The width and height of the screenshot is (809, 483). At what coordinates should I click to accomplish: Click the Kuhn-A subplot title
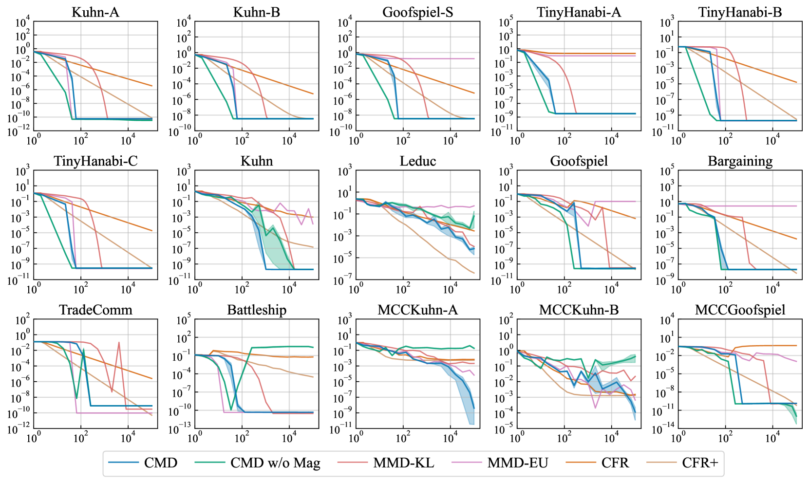point(95,12)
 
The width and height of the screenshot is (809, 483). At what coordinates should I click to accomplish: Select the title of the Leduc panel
point(418,161)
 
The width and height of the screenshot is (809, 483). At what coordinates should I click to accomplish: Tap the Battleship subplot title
point(257,310)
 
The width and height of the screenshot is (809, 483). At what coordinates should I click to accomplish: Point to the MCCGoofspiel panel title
point(740,310)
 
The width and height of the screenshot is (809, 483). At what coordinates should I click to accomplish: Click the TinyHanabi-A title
point(579,12)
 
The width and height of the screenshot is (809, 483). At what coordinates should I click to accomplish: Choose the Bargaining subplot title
point(740,161)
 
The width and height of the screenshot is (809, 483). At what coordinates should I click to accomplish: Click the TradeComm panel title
point(95,310)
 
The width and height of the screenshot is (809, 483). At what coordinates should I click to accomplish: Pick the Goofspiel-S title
point(418,12)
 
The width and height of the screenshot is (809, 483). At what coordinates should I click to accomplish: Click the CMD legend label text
point(161,463)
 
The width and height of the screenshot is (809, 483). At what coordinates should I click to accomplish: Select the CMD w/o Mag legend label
point(275,463)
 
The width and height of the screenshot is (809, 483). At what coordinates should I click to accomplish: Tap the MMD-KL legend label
point(404,463)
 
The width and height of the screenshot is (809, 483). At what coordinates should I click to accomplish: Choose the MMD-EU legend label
point(518,463)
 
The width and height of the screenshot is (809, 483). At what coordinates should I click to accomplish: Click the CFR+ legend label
point(700,463)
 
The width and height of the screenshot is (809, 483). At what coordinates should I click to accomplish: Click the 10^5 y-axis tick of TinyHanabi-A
point(506,23)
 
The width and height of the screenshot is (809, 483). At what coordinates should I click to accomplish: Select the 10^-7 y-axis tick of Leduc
point(344,281)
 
